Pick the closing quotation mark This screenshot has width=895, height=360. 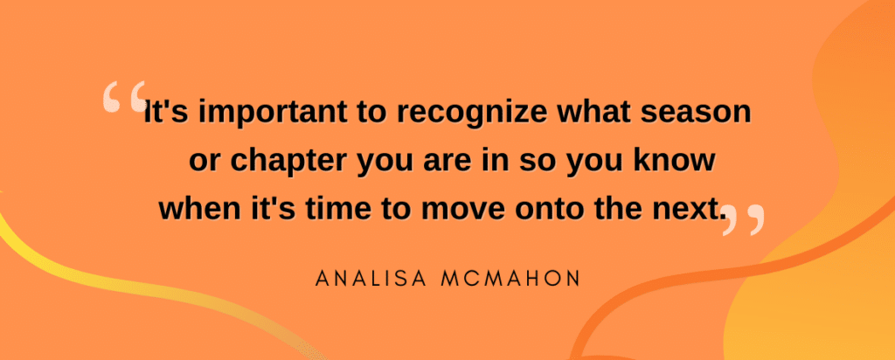click(743, 219)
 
